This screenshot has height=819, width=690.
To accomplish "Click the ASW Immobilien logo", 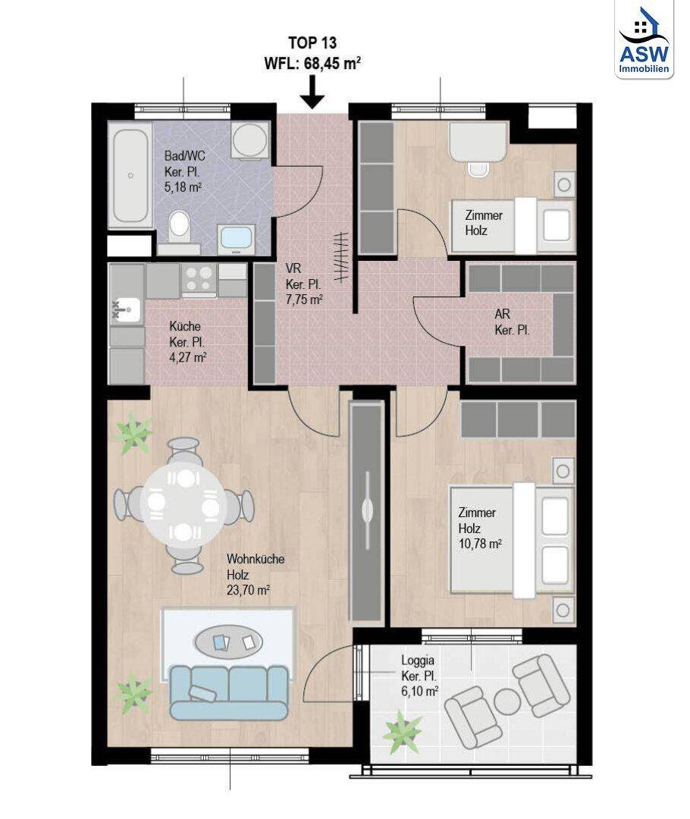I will (x=643, y=39).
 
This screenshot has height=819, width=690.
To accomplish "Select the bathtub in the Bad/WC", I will (x=130, y=176).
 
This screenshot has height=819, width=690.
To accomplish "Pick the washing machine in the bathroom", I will (x=248, y=141).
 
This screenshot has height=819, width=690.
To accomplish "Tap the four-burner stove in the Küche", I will (x=199, y=279).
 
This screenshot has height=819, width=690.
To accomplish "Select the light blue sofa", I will (x=228, y=692).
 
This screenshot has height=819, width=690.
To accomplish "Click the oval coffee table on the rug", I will (x=231, y=643).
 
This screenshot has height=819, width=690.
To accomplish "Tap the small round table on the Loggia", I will (x=506, y=702).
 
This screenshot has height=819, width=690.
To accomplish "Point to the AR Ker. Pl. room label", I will (x=512, y=324).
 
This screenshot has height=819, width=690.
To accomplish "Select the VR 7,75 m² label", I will (x=304, y=284).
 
